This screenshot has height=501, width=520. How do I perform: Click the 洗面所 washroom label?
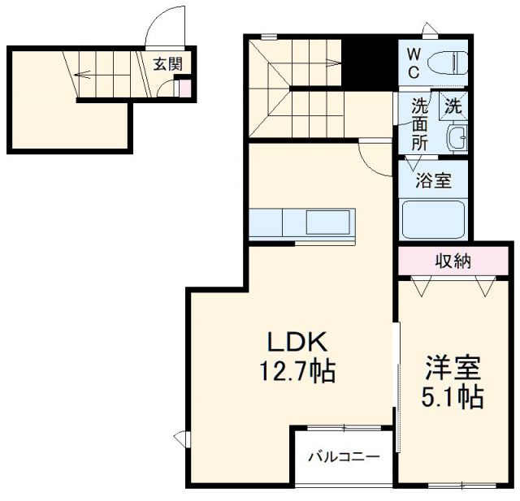click(x=419, y=123)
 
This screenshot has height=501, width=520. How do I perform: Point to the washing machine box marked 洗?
click(x=454, y=105)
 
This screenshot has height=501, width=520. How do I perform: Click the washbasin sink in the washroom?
click(x=457, y=137)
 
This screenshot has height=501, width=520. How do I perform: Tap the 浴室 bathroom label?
click(x=431, y=180)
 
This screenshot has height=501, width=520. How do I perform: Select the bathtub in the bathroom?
click(x=432, y=218)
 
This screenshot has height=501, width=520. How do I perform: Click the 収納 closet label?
click(x=454, y=261)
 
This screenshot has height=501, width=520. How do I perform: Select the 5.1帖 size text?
click(x=453, y=398)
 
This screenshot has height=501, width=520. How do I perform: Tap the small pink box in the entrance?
click(x=184, y=88)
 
